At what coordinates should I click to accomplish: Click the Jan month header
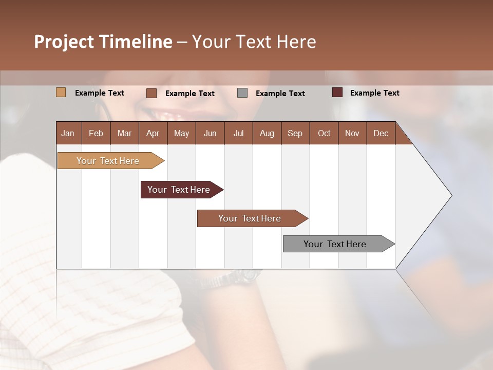point(68,134)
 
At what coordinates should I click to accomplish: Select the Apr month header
point(153,134)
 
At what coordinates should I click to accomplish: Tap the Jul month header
point(238,134)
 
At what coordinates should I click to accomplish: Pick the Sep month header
point(295,134)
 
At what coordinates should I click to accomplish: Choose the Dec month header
point(381,134)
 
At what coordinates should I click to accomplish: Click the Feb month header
point(96,134)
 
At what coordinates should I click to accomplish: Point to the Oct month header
point(324,134)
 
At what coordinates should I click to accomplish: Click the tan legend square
point(61,92)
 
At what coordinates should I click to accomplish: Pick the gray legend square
point(242,93)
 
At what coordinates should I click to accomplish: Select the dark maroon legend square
point(337,92)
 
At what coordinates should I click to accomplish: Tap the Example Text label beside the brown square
point(189,94)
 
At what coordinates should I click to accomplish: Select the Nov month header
point(352,134)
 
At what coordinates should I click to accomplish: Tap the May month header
point(181,134)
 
